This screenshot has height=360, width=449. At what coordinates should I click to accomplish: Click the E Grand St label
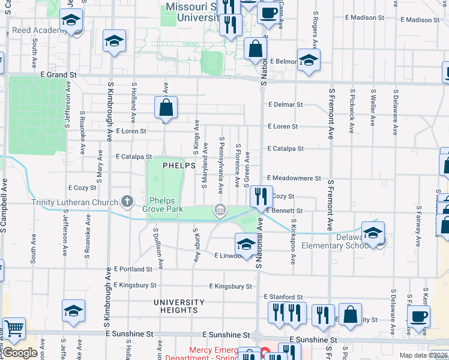pos(59,75)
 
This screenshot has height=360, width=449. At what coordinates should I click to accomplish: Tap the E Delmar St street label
pos(285,104)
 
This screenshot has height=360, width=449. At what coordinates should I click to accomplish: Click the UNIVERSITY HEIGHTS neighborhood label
pos(179,306)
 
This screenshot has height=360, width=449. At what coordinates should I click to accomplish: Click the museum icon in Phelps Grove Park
pos(220,209)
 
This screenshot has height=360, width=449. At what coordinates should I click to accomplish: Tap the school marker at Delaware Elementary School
pos(373,233)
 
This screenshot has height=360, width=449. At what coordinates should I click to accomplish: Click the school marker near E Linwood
pos(245,244)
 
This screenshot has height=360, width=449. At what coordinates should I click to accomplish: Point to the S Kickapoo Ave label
pos(294,241)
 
